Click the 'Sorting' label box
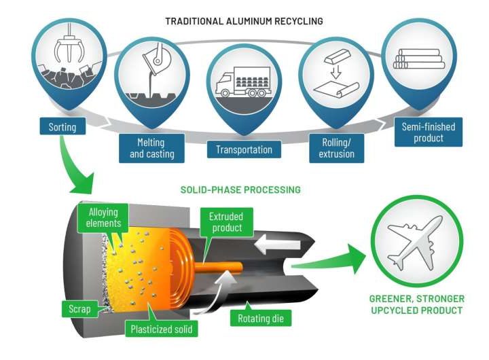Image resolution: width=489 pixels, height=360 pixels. coord(62,127)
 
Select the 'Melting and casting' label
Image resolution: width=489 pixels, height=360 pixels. coord(151,148)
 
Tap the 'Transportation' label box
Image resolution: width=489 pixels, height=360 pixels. coord(244,149)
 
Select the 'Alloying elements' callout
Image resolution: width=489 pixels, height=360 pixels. coord(103,217)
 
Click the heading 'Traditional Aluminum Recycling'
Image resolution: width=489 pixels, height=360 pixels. coord(244,21)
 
